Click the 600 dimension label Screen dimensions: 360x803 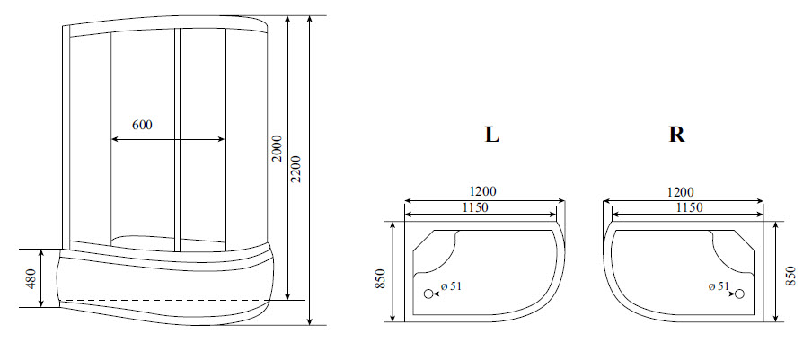click(x=142, y=125)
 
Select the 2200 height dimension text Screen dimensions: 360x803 click(x=297, y=165)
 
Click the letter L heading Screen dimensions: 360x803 click(x=491, y=136)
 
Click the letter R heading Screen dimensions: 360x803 click(x=676, y=136)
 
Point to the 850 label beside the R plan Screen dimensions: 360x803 click(x=790, y=277)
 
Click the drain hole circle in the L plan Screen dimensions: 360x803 click(x=428, y=293)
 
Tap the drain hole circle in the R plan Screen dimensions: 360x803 click(x=741, y=293)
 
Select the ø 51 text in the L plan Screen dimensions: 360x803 click(x=452, y=286)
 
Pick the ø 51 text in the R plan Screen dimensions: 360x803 click(x=718, y=286)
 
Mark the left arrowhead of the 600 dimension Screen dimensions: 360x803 click(x=114, y=139)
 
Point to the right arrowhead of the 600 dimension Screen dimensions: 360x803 click(x=222, y=139)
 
